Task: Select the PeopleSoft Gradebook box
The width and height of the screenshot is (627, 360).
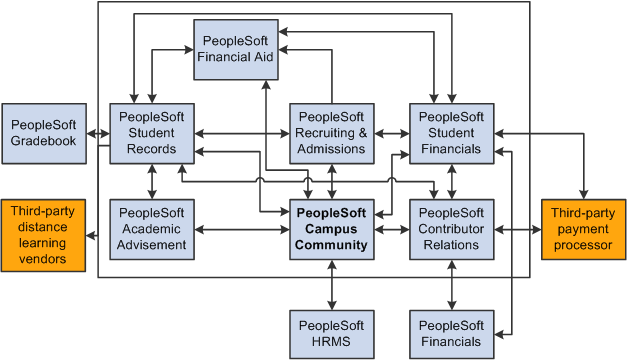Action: coord(45,133)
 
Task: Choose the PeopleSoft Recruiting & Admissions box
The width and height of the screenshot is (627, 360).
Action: coord(332,133)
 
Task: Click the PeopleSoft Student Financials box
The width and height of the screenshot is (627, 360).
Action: coord(451,133)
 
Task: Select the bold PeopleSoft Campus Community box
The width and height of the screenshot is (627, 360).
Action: coord(332,229)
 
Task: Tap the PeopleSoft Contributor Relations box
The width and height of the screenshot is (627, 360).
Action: coord(451,229)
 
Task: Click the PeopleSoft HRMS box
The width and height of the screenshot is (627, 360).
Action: coord(332,334)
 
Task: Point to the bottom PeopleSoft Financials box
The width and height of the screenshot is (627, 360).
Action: coord(451,334)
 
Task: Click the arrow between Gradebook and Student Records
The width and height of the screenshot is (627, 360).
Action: coord(98,133)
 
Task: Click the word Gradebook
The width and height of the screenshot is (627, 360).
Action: coord(45,141)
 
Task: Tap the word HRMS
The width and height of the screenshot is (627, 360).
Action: coord(332,342)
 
